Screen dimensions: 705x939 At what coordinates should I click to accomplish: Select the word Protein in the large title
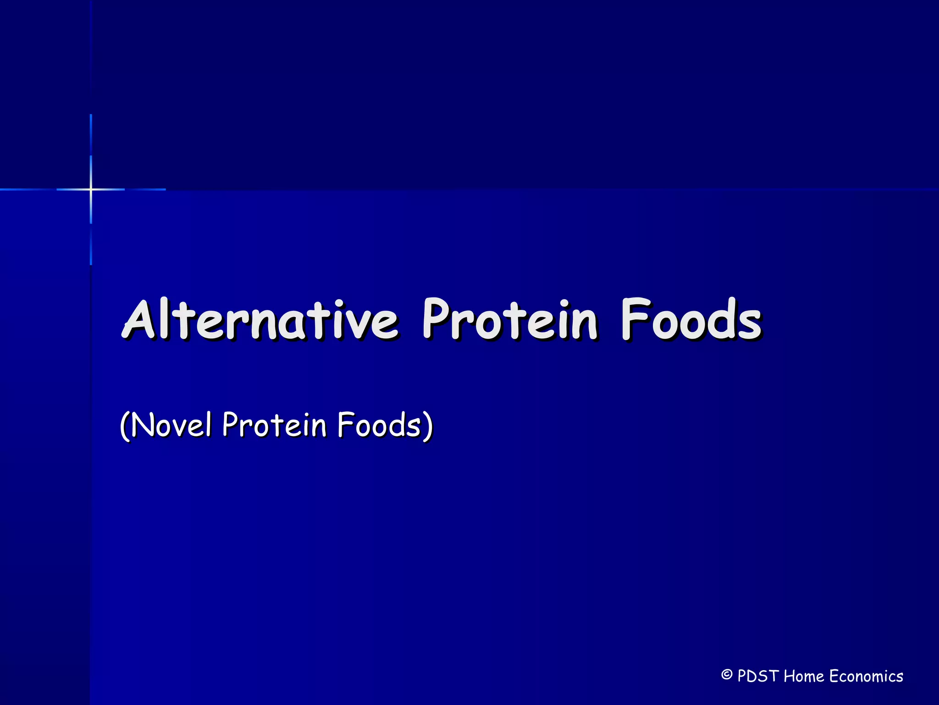point(509,320)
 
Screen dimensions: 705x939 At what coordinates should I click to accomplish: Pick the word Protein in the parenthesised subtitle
point(274,425)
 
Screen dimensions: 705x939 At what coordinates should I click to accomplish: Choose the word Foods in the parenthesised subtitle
point(378,425)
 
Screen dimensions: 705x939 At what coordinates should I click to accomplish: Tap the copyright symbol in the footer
point(726,675)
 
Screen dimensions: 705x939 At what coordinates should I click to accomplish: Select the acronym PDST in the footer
point(758,676)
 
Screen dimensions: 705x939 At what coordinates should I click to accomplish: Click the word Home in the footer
point(804,676)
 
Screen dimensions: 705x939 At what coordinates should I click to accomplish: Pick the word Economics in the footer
point(866,676)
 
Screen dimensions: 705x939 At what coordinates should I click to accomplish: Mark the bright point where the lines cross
point(91,189)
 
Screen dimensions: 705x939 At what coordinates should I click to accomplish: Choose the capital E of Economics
point(835,676)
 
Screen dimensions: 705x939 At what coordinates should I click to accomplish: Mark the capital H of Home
point(790,676)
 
